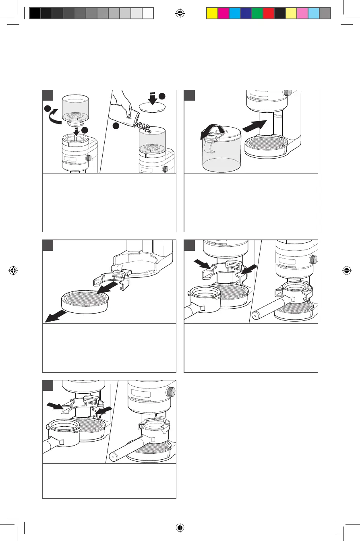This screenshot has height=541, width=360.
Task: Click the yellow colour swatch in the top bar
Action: coord(212,14)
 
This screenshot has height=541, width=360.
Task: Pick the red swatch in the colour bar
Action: coord(268,14)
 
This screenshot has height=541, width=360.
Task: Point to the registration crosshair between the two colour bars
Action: coord(180,14)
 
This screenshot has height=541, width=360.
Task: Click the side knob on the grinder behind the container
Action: coord(288,93)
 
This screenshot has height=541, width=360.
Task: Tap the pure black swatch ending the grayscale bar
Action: coord(35,14)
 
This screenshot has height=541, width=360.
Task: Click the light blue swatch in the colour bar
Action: coord(313,14)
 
